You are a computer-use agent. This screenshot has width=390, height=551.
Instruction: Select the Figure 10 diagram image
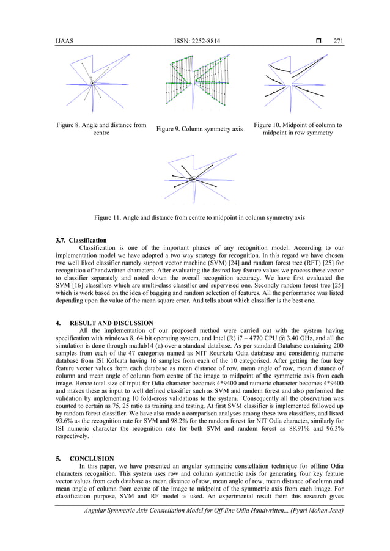[x=298, y=82]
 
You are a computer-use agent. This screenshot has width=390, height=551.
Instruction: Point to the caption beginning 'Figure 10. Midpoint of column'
[x=298, y=129]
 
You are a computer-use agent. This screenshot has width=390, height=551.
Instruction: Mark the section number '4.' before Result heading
[x=59, y=323]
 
